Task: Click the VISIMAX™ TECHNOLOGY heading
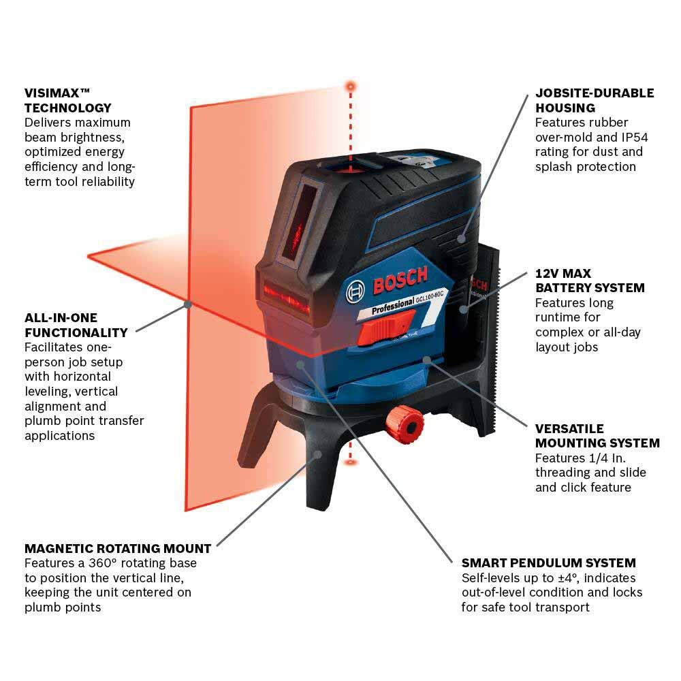click(67, 100)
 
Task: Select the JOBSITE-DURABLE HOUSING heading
click(594, 100)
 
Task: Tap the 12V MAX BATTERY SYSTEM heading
click(590, 280)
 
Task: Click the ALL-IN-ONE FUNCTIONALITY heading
click(76, 325)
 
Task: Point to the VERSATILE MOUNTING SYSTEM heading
click(597, 436)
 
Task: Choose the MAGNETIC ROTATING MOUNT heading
click(118, 548)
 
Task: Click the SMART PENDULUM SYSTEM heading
click(548, 563)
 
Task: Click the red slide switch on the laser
click(377, 334)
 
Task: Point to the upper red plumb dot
click(351, 86)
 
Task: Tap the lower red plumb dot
click(351, 462)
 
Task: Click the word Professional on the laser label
click(394, 306)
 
